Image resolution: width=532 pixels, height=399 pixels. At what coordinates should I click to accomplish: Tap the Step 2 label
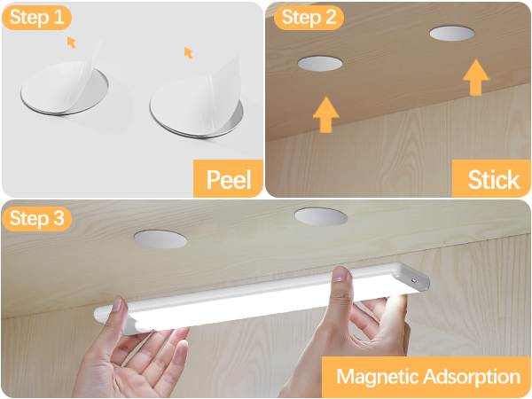pyautogui.click(x=307, y=17)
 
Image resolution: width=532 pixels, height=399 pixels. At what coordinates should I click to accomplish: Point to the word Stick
pyautogui.click(x=493, y=180)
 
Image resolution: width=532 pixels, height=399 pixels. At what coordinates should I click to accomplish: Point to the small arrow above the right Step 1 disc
pyautogui.click(x=188, y=53)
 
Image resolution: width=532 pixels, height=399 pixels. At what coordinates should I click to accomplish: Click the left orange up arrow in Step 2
pyautogui.click(x=327, y=114)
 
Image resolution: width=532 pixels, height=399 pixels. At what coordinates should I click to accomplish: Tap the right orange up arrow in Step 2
pyautogui.click(x=476, y=77)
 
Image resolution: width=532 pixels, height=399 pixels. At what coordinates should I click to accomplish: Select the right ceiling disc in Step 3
pyautogui.click(x=320, y=216)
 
